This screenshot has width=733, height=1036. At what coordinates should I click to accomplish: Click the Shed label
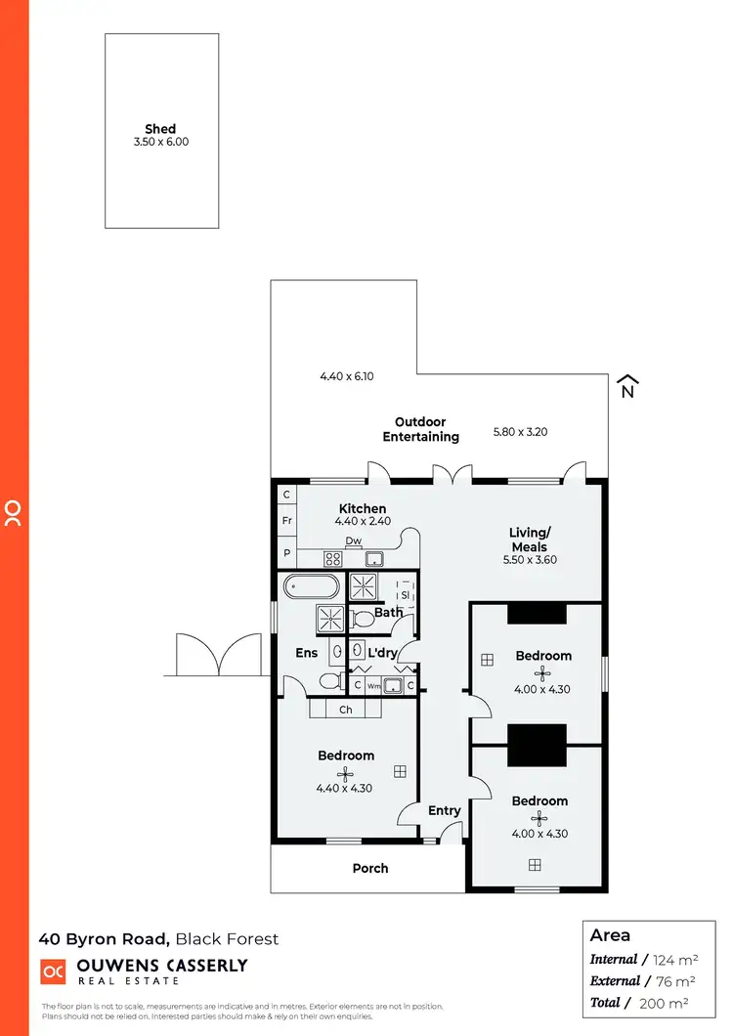(160, 129)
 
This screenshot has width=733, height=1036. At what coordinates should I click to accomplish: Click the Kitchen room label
(363, 508)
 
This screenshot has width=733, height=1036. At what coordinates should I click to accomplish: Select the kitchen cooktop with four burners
(333, 560)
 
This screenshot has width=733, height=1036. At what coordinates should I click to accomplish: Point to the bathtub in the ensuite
(312, 588)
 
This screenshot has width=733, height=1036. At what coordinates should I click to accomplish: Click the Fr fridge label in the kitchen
(287, 521)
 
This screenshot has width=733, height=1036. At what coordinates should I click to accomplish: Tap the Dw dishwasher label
(353, 540)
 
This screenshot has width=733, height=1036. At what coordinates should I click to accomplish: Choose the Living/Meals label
(530, 540)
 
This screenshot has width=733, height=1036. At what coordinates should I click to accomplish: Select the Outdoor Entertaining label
(420, 430)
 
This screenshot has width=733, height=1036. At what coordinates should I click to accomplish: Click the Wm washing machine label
(373, 686)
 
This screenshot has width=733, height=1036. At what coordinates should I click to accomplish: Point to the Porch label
(370, 868)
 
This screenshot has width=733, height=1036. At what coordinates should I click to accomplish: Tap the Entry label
(445, 810)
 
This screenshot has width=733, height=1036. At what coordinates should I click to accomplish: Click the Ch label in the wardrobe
(346, 710)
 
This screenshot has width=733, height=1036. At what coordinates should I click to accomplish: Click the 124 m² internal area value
(671, 960)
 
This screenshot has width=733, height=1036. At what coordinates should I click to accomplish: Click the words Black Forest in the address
(228, 939)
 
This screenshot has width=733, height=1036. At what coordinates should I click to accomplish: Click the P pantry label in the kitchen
(287, 552)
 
